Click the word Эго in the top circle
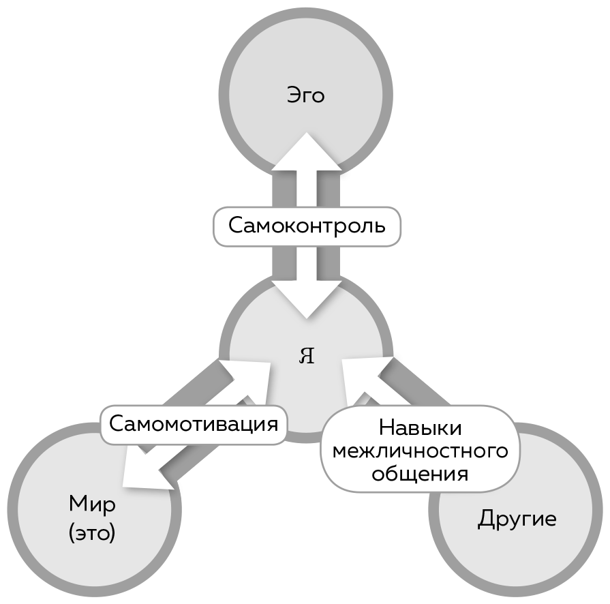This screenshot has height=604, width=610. tap(305, 95)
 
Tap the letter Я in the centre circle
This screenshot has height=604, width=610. tap(307, 356)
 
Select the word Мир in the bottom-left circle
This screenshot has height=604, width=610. tap(92, 505)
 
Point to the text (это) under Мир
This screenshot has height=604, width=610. tap(92, 532)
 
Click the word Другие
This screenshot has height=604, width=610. tap(517, 519)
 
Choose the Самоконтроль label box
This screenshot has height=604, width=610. tap(307, 226)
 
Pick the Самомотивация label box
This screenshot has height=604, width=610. tap(194, 424)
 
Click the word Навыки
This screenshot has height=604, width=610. tap(421, 428)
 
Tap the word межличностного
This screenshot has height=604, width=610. tap(421, 451)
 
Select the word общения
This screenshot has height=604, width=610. tap(421, 474)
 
